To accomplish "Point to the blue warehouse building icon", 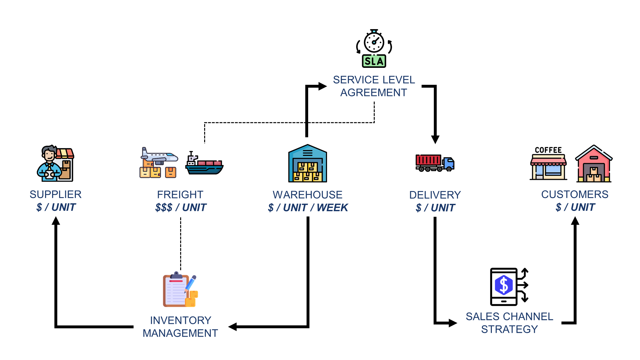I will click(308, 164).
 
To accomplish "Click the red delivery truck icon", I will click(435, 163).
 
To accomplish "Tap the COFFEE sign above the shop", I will click(548, 150).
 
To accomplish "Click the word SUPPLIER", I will click(56, 194).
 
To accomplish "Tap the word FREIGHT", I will click(180, 195).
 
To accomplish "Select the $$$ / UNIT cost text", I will click(181, 208).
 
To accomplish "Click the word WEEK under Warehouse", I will click(332, 208).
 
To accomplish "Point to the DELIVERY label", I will click(435, 195).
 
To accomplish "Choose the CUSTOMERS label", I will click(575, 194).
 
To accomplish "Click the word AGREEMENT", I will click(373, 92).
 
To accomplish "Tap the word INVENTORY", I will click(180, 320).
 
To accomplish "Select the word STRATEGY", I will click(509, 329).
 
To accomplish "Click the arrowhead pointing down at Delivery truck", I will click(435, 139).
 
